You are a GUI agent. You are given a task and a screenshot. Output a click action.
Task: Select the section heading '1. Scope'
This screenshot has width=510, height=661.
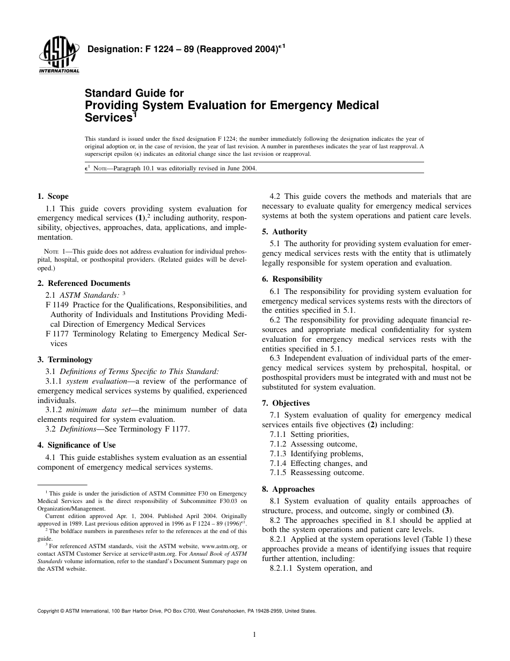coord(53,197)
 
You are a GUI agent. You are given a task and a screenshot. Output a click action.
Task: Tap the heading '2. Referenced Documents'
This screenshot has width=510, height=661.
coord(84,283)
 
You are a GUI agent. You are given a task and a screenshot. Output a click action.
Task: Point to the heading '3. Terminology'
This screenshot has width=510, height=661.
coord(64,360)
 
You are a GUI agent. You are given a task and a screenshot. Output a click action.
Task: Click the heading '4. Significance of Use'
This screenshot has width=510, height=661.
coord(76,445)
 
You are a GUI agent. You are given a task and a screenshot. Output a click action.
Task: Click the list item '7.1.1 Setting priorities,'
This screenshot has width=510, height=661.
coord(309,434)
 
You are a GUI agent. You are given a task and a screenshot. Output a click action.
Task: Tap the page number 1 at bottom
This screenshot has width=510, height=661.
coord(254,635)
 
